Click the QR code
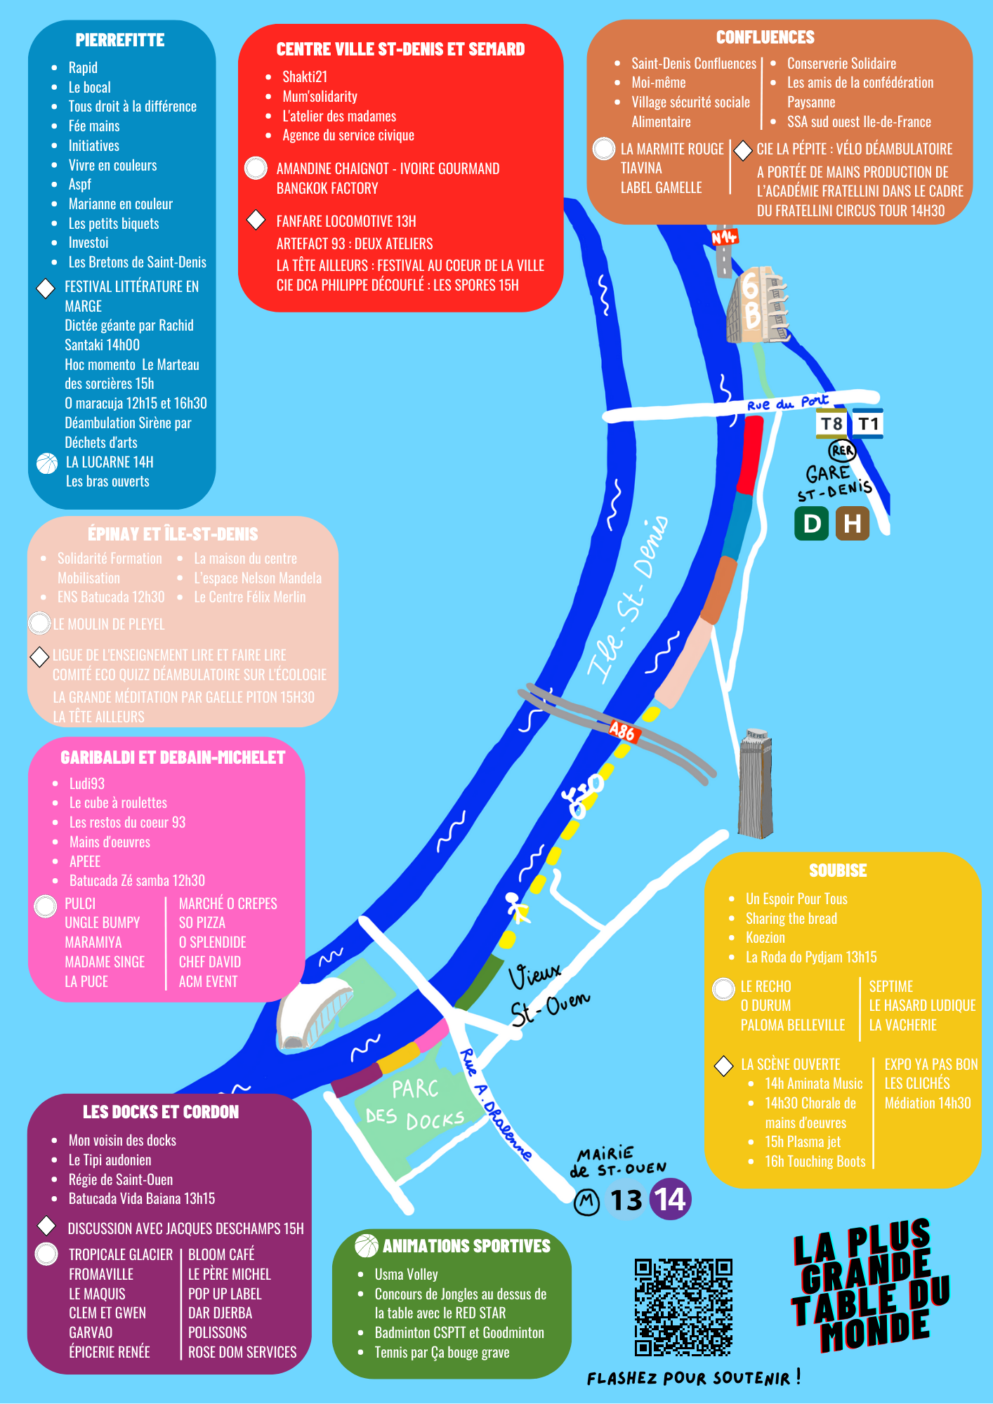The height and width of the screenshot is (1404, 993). tap(683, 1308)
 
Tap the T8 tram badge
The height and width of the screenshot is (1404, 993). tap(831, 424)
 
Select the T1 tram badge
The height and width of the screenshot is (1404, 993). tap(868, 424)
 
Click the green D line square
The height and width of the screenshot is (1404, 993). tap(812, 524)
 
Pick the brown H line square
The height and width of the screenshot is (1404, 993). tap(852, 524)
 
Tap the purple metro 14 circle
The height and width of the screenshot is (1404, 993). tap(671, 1200)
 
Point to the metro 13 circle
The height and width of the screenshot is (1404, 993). tap(626, 1200)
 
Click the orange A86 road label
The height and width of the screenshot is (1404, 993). tap(622, 731)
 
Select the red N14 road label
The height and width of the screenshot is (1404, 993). tap(724, 237)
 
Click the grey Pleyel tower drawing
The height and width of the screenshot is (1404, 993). tap(756, 783)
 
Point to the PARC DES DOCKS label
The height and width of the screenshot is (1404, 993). tap(415, 1103)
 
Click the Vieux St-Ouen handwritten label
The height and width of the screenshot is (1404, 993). tap(548, 993)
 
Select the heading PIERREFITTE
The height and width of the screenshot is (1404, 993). tap(120, 41)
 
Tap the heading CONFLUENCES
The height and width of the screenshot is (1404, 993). tap(765, 38)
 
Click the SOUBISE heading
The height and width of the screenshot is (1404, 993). tap(838, 870)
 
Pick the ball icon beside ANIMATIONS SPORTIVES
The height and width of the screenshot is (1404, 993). tap(366, 1245)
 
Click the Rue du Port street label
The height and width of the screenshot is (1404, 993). tap(787, 402)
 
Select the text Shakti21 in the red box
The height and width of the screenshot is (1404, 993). tap(305, 77)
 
